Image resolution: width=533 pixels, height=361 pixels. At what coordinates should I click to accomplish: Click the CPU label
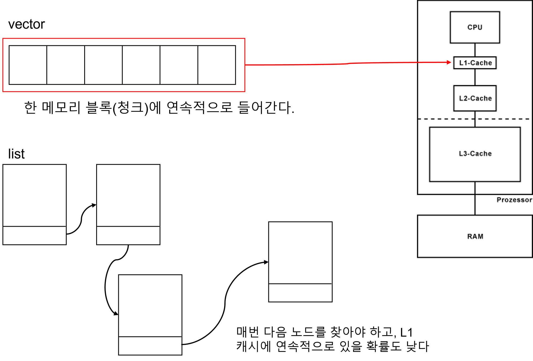[x=475, y=27]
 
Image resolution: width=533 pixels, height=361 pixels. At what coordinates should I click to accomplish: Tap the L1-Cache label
[x=476, y=63]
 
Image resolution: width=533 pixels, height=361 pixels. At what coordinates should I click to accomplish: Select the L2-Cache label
[x=475, y=98]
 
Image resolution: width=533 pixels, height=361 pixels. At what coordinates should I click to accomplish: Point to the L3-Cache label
[x=475, y=154]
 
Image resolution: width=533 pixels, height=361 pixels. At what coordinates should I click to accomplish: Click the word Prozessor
[x=514, y=200]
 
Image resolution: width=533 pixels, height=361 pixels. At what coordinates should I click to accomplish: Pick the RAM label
[x=475, y=236]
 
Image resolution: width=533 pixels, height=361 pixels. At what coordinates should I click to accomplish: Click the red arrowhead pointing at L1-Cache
[x=449, y=62]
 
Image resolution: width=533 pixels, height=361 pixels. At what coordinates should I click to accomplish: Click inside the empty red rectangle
[x=124, y=65]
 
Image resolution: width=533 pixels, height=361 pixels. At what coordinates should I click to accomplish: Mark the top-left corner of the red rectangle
[x=3, y=39]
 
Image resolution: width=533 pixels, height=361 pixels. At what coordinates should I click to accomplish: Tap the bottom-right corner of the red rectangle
[x=245, y=91]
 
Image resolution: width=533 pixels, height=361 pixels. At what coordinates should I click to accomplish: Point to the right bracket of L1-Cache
[x=496, y=63]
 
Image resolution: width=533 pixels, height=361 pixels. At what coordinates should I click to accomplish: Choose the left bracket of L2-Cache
[x=453, y=98]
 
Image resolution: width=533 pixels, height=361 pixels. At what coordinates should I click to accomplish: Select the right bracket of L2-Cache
[x=496, y=98]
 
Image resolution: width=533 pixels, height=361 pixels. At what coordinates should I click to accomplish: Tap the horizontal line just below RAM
[x=474, y=257]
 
